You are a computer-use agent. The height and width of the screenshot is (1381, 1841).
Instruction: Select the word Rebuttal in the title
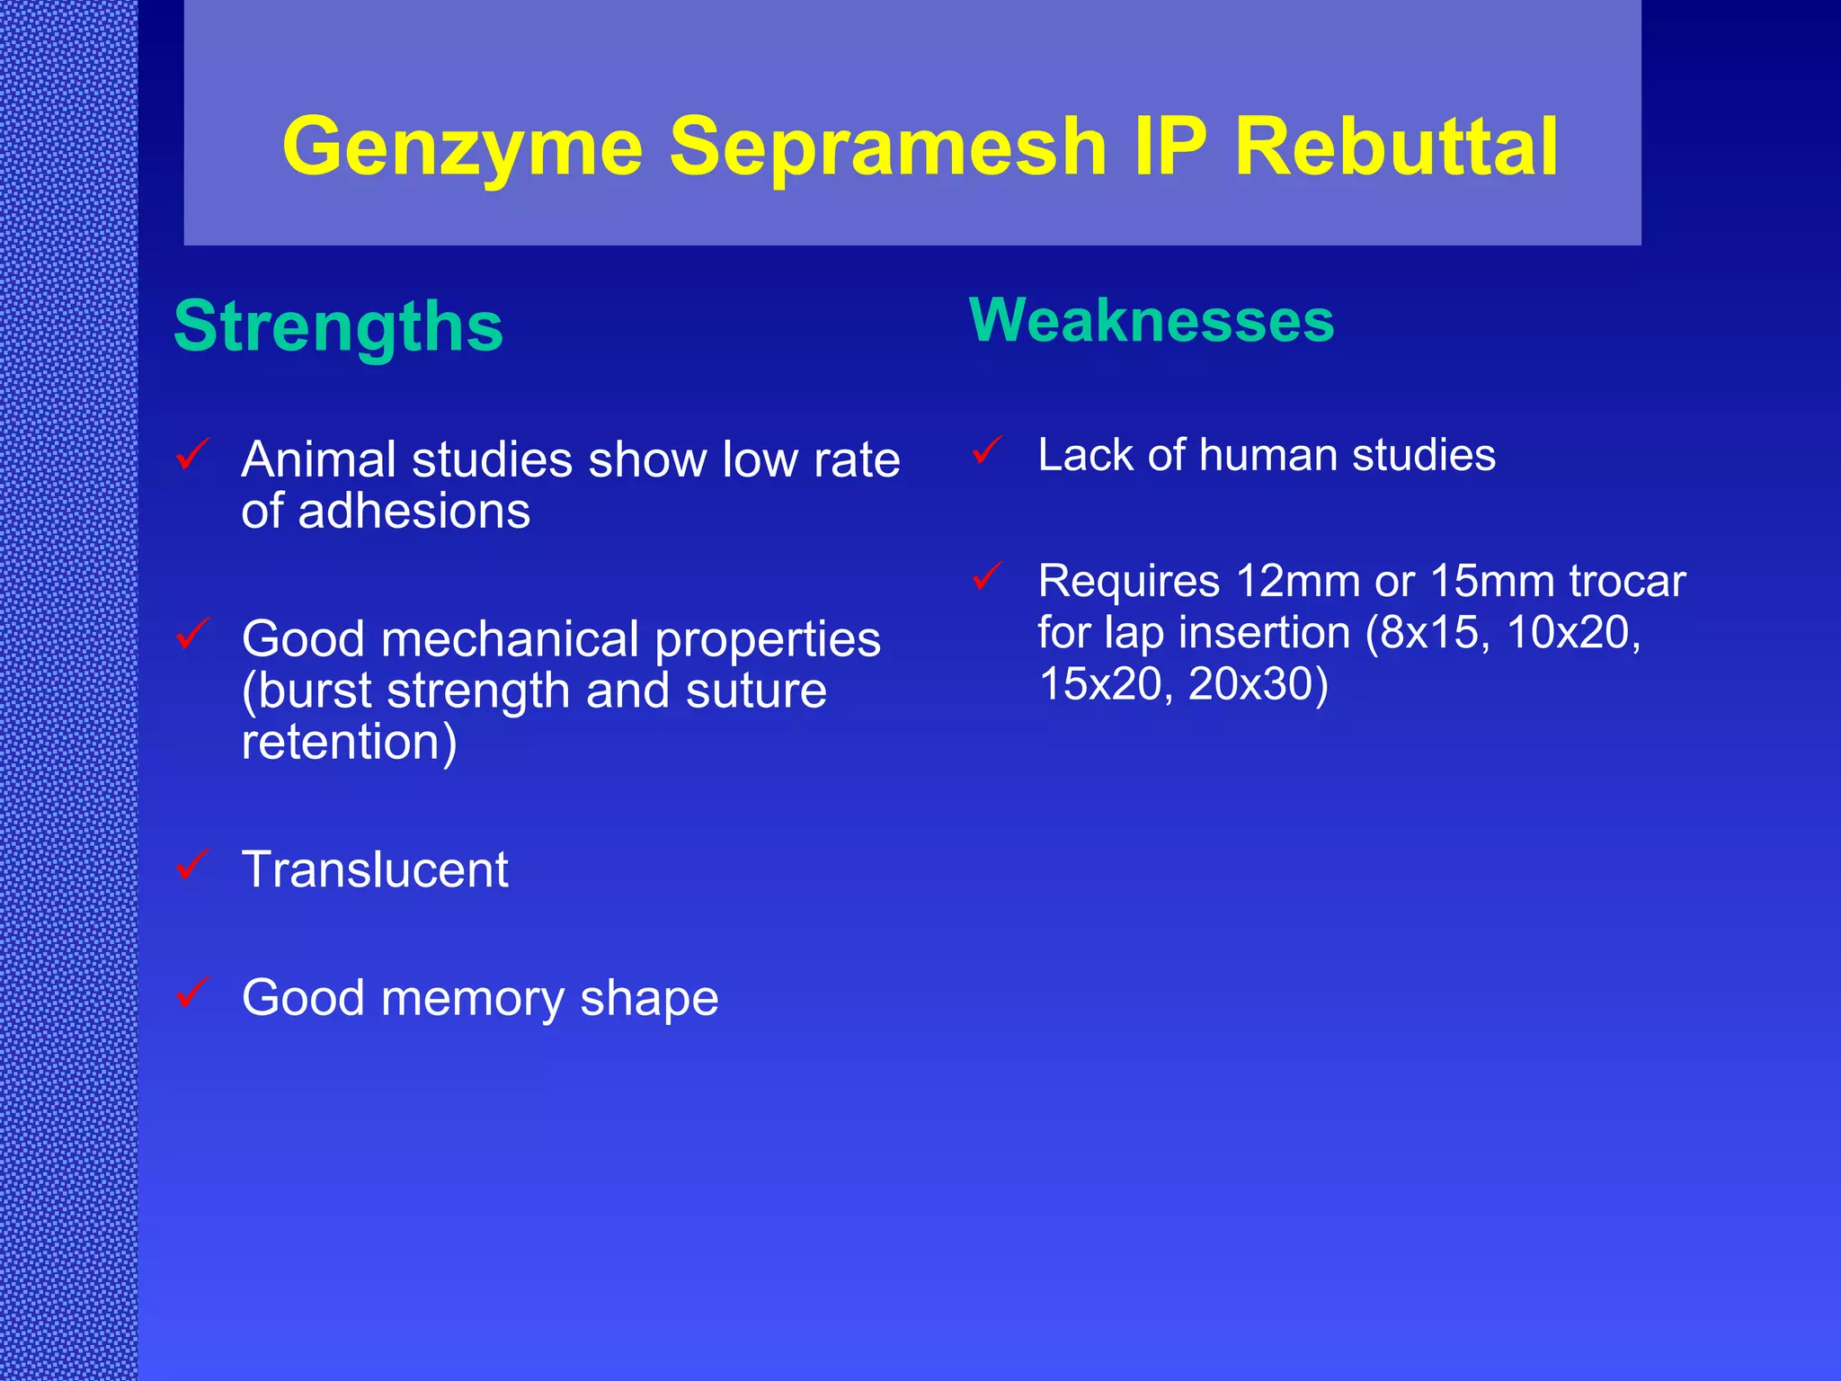[1396, 147]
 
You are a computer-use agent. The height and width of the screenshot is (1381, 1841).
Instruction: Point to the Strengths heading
[338, 326]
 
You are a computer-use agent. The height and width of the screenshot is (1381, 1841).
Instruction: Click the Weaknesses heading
[1152, 320]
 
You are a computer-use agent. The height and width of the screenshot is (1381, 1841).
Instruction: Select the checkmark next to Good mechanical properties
[193, 633]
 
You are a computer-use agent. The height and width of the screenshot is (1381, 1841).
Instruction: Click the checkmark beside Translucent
[193, 864]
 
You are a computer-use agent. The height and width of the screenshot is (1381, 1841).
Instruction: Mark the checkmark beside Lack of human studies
[987, 450]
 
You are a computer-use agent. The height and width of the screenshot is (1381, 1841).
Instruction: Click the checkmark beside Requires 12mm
[987, 575]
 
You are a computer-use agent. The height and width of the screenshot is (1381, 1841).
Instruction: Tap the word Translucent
[375, 869]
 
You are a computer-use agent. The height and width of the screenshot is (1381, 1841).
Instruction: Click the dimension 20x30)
[1258, 683]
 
